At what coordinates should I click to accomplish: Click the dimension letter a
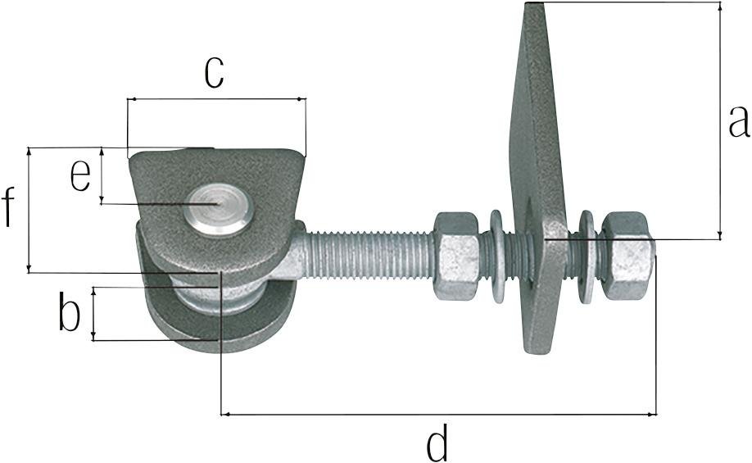[739, 121]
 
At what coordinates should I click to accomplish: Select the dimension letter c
[214, 72]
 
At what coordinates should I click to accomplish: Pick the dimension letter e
[79, 175]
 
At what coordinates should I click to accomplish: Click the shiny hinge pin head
[218, 208]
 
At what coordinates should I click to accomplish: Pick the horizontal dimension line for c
[216, 100]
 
